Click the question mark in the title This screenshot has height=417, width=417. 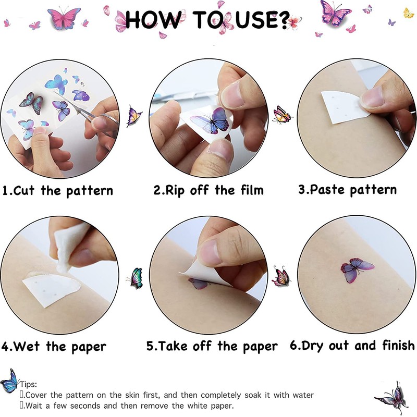pyautogui.click(x=282, y=20)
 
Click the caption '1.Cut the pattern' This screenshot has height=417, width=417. pyautogui.click(x=58, y=191)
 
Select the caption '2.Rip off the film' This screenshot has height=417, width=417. pyautogui.click(x=208, y=190)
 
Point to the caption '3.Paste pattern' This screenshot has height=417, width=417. pyautogui.click(x=347, y=190)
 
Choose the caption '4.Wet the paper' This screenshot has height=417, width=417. pyautogui.click(x=54, y=347)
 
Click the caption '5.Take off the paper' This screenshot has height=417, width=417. pyautogui.click(x=212, y=346)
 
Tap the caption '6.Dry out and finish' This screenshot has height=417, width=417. pyautogui.click(x=352, y=346)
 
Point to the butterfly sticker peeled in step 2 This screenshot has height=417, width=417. pyautogui.click(x=210, y=121)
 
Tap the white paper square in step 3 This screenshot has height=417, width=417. pyautogui.click(x=343, y=107)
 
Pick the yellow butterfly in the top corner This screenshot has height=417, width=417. pyautogui.click(x=408, y=13)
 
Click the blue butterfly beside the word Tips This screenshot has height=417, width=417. pyautogui.click(x=9, y=381)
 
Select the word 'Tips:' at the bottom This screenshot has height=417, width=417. pyautogui.click(x=29, y=384)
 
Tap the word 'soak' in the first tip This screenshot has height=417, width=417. pyautogui.click(x=253, y=395)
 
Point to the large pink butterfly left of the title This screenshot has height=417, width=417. pyautogui.click(x=64, y=18)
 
